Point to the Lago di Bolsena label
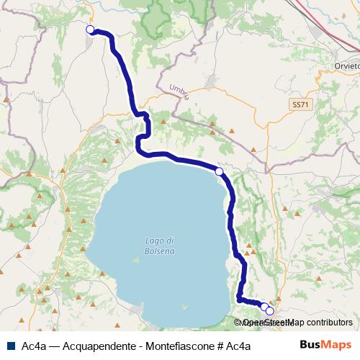click(x=159, y=245)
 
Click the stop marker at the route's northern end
click(x=90, y=30)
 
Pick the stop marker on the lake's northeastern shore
click(x=219, y=171)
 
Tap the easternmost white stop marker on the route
click(x=270, y=312)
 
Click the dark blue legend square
click(x=10, y=346)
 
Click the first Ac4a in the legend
click(x=35, y=346)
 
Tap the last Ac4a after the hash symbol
click(x=238, y=346)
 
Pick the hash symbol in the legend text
click(x=218, y=346)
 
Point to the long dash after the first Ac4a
click(x=55, y=346)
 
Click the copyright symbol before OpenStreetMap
click(x=237, y=323)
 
